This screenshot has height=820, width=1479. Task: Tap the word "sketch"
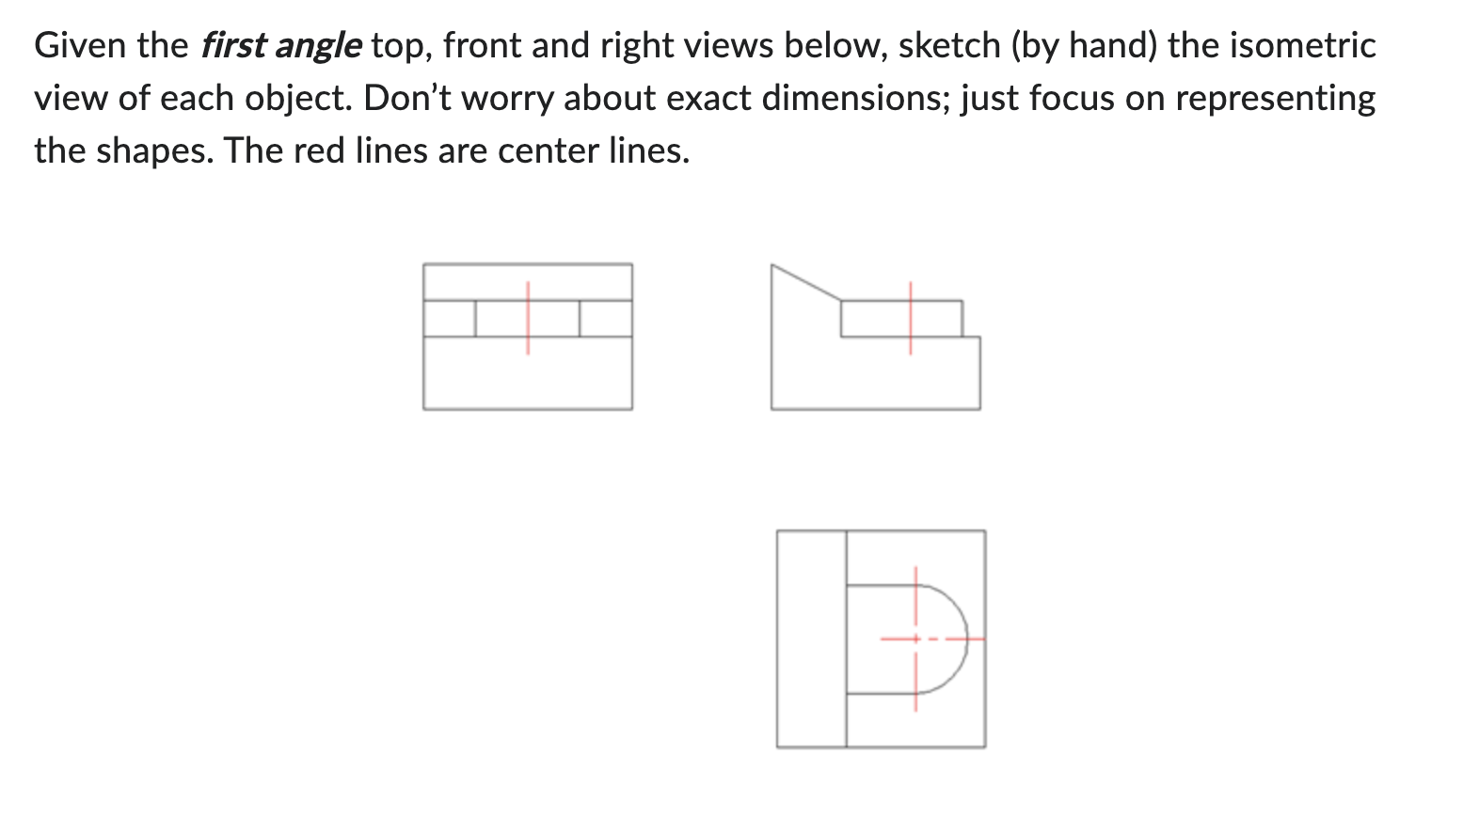pyautogui.click(x=948, y=45)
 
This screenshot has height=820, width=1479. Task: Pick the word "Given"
pyautogui.click(x=78, y=45)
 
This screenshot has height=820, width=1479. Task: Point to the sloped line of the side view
pyautogui.click(x=805, y=283)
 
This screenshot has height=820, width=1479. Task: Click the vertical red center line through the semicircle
pyautogui.click(x=915, y=677)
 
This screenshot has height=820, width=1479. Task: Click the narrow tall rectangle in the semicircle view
pyautogui.click(x=811, y=639)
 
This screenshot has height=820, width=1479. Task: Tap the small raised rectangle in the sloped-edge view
pyautogui.click(x=884, y=319)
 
